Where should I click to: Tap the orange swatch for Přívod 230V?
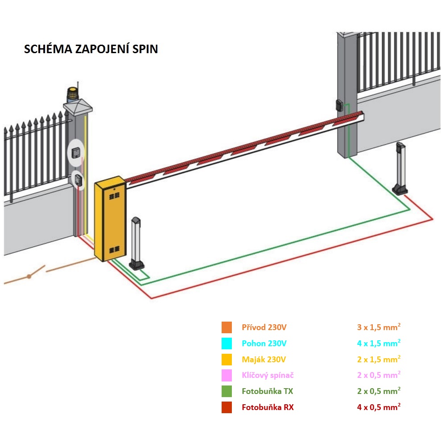[227, 327]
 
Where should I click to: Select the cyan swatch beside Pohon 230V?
[227, 343]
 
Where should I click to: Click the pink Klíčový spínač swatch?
[227, 376]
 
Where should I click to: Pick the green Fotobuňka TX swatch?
[227, 392]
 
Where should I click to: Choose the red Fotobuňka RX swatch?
[227, 408]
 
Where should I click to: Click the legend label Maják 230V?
[264, 360]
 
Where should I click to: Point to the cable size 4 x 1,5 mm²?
[379, 343]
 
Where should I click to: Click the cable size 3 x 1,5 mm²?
[379, 327]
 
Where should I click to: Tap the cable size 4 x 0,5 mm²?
[379, 407]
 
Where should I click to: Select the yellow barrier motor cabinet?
[111, 219]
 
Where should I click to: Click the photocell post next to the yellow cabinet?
[136, 243]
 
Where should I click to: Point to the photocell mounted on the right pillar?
[339, 105]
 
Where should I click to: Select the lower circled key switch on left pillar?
[78, 180]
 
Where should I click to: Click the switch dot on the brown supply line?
[29, 276]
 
